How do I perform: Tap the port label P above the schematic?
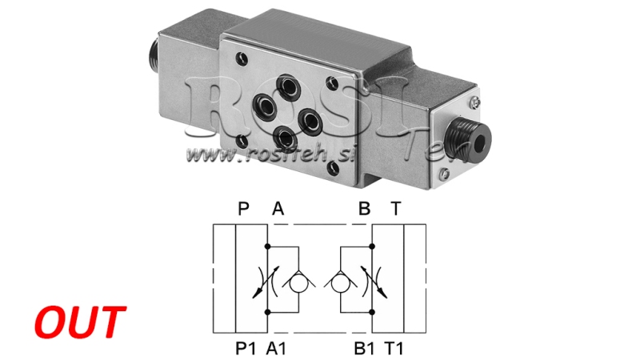pyautogui.click(x=244, y=210)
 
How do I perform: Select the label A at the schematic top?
pyautogui.click(x=278, y=210)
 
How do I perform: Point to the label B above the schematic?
pyautogui.click(x=364, y=210)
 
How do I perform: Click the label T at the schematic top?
pyautogui.click(x=395, y=210)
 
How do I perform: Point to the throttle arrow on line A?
pyautogui.click(x=267, y=281)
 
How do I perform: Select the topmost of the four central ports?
pyautogui.click(x=285, y=83)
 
